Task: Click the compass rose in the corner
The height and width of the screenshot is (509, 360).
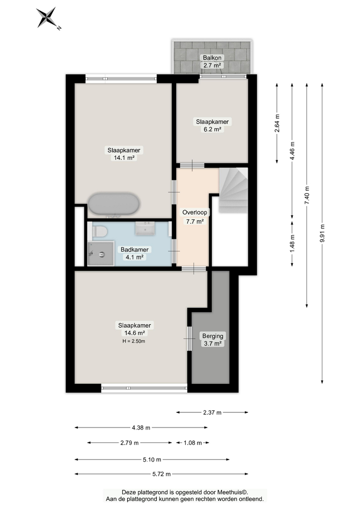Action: tap(48, 18)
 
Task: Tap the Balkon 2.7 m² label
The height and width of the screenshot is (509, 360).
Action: tap(212, 62)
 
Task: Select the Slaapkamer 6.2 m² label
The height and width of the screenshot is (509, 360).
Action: tap(212, 125)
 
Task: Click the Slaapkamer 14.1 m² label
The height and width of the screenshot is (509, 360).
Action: tap(124, 154)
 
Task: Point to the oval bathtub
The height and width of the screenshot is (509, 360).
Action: tap(114, 204)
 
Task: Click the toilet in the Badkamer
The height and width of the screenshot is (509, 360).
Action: tap(99, 232)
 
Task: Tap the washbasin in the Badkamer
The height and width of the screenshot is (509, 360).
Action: tap(145, 228)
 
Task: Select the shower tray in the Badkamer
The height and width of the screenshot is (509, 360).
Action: tap(101, 253)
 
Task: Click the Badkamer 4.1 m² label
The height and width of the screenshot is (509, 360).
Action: tap(134, 253)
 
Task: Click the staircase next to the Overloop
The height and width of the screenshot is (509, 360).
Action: tap(233, 190)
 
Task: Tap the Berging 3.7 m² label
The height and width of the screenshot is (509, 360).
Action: tap(213, 340)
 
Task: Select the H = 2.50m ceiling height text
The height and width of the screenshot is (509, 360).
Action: tap(134, 341)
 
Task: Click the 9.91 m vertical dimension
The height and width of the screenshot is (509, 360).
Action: tap(322, 234)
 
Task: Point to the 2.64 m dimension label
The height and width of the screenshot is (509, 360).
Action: tap(277, 123)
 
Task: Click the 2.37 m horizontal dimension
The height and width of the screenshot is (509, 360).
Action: tap(212, 412)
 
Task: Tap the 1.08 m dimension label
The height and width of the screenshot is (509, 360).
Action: tap(193, 443)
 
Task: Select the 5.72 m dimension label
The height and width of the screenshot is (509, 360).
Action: tap(161, 474)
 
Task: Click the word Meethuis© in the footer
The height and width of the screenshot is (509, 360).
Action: tap(232, 492)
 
